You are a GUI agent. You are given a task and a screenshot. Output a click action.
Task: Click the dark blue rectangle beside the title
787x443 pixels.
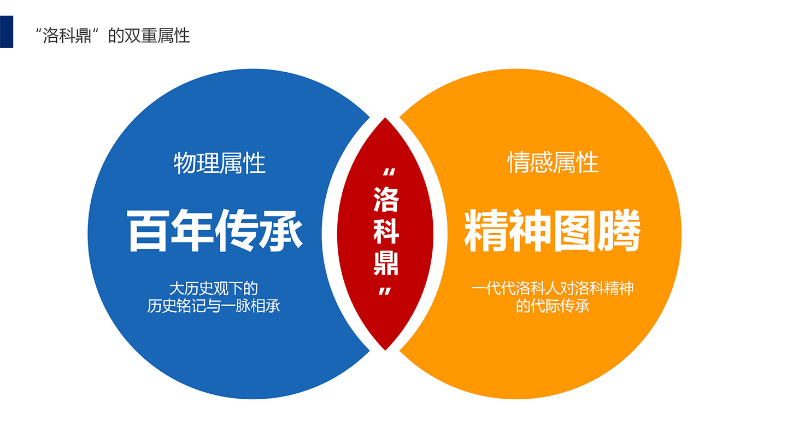point(7,32)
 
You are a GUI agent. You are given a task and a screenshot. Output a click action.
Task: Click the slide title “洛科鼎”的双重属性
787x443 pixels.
point(113,36)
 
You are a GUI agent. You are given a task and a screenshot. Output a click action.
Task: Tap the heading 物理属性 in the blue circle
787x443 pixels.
point(220,163)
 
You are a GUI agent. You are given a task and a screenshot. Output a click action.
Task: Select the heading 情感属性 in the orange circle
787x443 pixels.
point(553,162)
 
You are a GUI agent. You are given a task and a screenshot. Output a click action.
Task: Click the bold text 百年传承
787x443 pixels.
point(215,231)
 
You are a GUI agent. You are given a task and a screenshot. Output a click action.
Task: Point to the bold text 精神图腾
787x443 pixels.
point(553,231)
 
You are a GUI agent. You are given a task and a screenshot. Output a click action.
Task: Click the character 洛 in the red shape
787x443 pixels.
point(386,199)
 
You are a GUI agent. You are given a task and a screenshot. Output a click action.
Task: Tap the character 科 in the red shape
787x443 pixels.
point(386,231)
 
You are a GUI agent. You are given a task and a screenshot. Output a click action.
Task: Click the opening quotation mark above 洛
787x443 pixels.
point(389,172)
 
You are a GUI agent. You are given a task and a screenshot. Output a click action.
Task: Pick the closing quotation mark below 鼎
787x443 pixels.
point(385,291)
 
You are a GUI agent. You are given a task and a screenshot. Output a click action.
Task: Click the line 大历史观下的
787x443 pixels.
point(214,289)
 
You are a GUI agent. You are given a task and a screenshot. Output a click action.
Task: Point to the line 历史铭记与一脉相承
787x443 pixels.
point(214,306)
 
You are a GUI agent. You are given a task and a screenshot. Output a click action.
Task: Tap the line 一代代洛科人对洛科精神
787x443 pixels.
point(553,289)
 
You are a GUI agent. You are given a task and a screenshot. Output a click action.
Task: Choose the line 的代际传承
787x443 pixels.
point(553,306)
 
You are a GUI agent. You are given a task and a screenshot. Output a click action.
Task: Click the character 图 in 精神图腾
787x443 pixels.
point(575,231)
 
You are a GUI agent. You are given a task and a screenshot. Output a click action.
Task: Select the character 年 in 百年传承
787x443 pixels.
point(191,231)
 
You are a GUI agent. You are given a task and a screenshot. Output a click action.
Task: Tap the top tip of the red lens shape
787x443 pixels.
point(385,118)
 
